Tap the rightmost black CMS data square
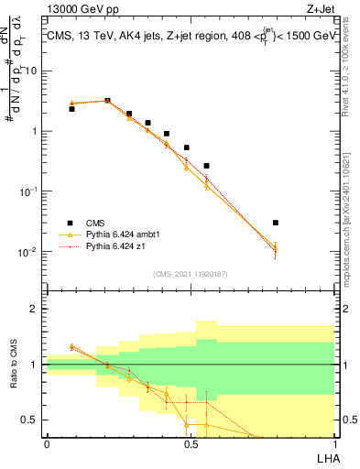click(x=276, y=223)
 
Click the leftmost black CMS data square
click(x=71, y=109)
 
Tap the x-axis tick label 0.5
click(x=190, y=443)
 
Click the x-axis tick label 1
click(x=333, y=443)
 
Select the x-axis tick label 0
click(x=47, y=443)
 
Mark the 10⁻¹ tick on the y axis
click(x=29, y=191)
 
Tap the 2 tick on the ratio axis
click(x=35, y=310)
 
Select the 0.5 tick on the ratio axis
click(x=31, y=420)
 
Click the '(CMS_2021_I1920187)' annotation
click(x=190, y=273)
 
